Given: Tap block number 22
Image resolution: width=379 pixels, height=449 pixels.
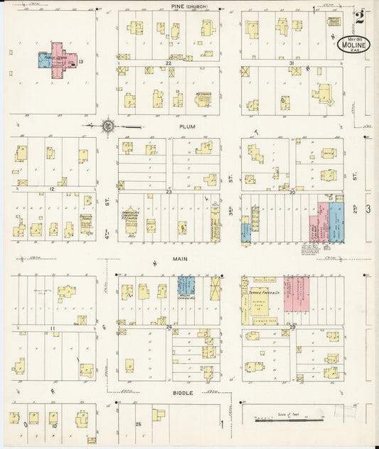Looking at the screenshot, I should click(169, 63).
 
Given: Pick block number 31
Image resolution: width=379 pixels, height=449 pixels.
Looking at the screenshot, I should click(292, 63).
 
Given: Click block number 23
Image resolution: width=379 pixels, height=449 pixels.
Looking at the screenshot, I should click(169, 192).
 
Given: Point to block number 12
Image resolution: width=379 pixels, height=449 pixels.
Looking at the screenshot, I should click(52, 190).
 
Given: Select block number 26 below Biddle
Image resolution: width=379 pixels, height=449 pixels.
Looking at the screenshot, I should click(139, 424).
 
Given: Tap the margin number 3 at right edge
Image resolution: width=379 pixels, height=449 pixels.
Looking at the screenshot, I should click(368, 208).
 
